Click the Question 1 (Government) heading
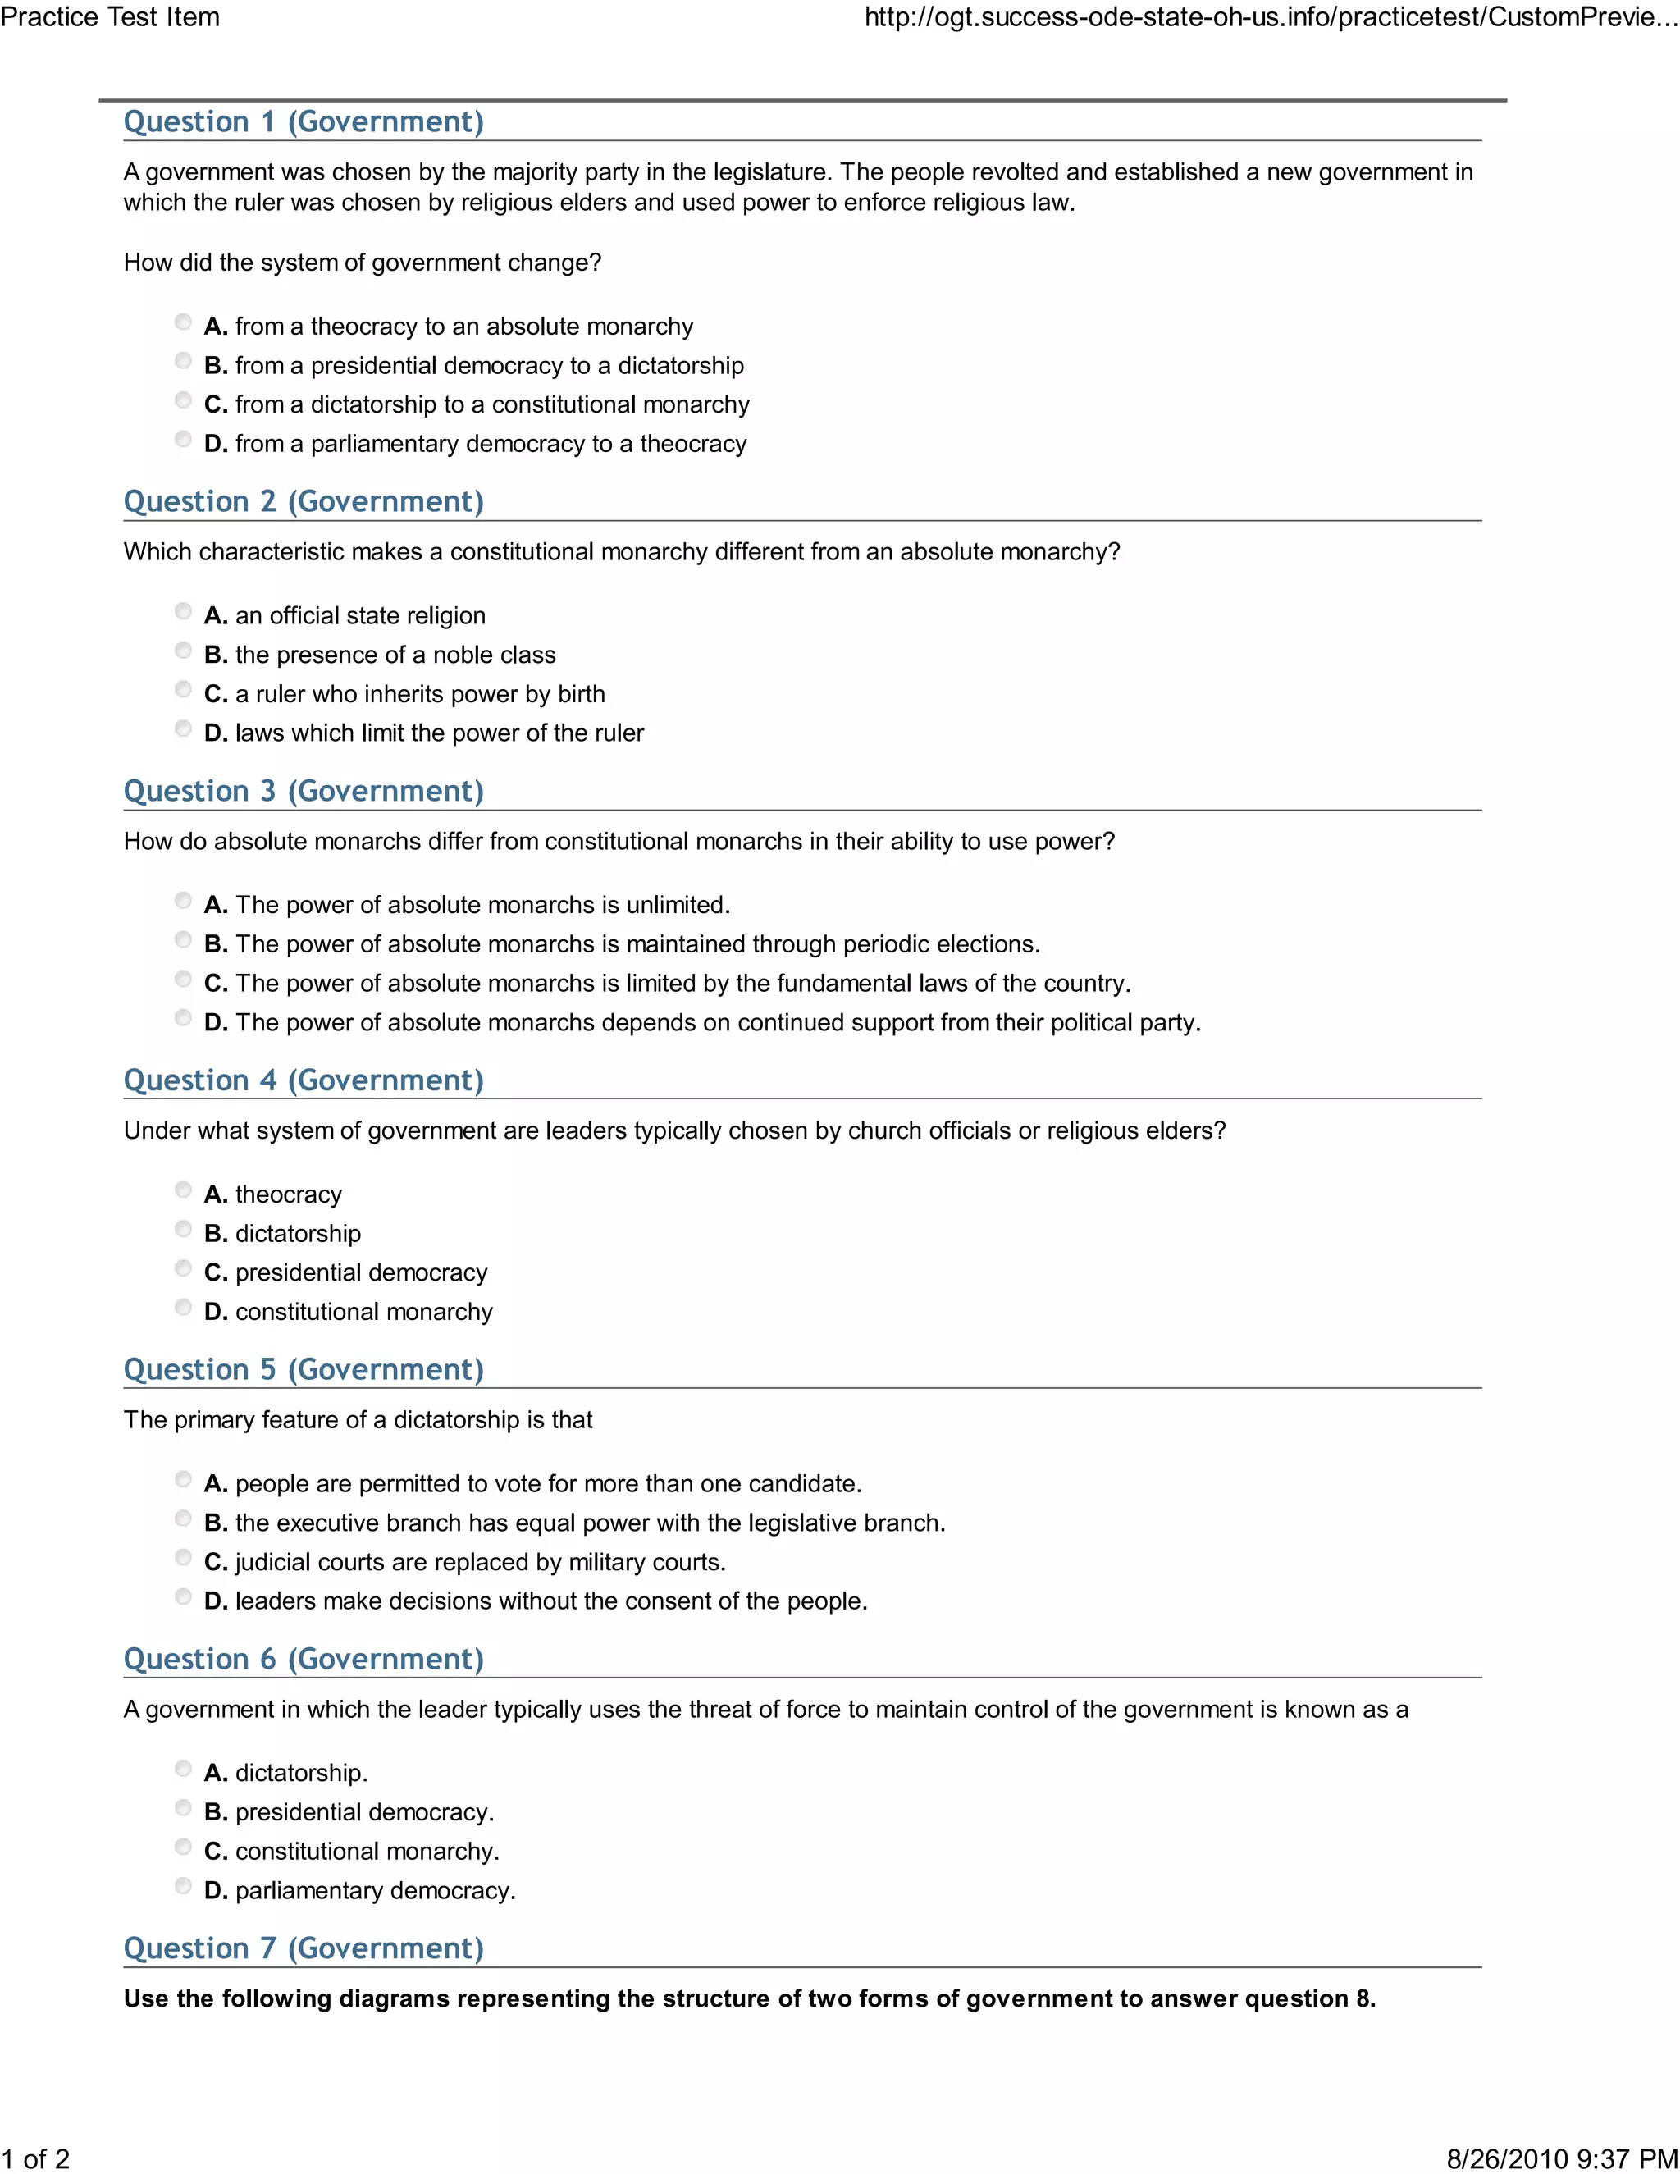[304, 121]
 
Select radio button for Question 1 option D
[183, 439]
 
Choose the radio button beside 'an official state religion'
[183, 611]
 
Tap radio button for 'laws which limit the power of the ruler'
[183, 728]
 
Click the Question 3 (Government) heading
[304, 792]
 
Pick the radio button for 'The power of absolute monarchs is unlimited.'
[183, 901]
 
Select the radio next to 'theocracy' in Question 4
[183, 1190]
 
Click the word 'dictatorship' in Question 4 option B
[298, 1233]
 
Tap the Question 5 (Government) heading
[304, 1370]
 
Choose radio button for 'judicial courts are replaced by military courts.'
[183, 1557]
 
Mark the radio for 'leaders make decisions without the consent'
[183, 1596]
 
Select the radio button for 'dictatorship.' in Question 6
[183, 1768]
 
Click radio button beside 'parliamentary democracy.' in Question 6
[183, 1885]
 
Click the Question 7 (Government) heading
[304, 1948]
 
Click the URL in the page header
[1270, 17]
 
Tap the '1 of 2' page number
[36, 2158]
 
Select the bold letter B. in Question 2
[216, 655]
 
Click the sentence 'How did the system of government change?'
[363, 263]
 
